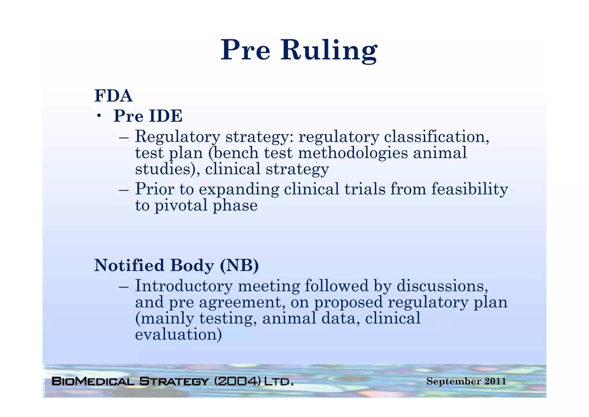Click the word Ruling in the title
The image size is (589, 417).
(x=329, y=50)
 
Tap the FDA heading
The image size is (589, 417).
(x=113, y=96)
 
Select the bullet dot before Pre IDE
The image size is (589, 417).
(x=99, y=116)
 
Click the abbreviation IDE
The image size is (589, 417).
(x=165, y=116)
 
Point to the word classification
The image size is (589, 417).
(x=436, y=136)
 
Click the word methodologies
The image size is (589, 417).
(x=353, y=153)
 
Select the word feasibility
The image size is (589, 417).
(x=469, y=189)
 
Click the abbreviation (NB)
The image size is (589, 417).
(x=239, y=265)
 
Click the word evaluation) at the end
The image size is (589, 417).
(x=178, y=335)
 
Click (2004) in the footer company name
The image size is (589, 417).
(x=238, y=381)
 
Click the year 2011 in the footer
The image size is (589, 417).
(x=495, y=381)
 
